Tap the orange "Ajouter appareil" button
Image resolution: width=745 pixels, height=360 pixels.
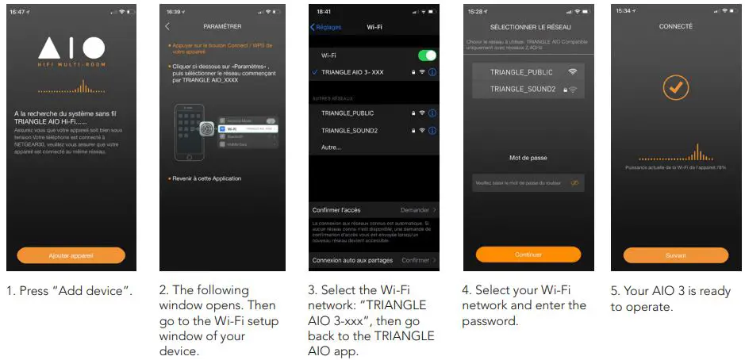tap(71, 255)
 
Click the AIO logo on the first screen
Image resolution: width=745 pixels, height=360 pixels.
tap(71, 48)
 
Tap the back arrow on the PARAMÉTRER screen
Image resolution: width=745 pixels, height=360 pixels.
tap(167, 26)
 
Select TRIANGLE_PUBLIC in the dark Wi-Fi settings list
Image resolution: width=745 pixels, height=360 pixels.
tap(347, 113)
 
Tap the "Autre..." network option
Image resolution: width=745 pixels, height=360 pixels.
tap(332, 147)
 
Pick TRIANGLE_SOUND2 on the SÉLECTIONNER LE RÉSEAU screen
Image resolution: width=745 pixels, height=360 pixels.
tap(523, 90)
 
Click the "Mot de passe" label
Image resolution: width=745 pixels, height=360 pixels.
tap(528, 158)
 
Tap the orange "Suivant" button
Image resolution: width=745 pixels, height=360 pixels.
tap(675, 255)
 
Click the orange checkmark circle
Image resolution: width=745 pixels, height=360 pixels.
tap(676, 88)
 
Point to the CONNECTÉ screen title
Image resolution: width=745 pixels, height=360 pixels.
tap(676, 26)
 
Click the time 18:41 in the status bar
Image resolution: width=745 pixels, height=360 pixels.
tap(324, 12)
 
